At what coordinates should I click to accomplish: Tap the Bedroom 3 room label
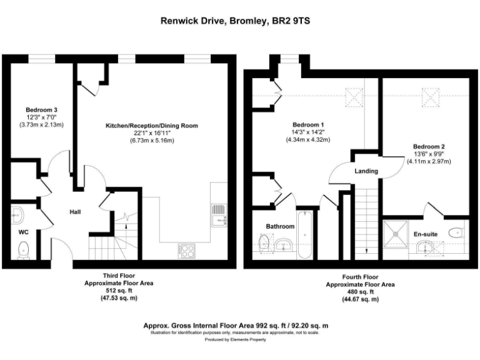pyautogui.click(x=41, y=110)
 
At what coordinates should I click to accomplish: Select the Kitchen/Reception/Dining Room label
pyautogui.click(x=151, y=126)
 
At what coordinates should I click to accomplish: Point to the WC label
pyautogui.click(x=23, y=232)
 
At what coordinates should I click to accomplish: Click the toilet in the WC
pyautogui.click(x=24, y=251)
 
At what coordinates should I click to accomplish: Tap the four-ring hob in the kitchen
pyautogui.click(x=187, y=251)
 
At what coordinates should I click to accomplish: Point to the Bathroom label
pyautogui.click(x=279, y=226)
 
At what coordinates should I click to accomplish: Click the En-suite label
pyautogui.click(x=426, y=234)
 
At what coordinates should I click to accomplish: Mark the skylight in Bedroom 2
pyautogui.click(x=431, y=96)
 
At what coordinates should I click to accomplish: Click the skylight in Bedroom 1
pyautogui.click(x=354, y=96)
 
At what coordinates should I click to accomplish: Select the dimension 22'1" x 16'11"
pyautogui.click(x=151, y=133)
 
